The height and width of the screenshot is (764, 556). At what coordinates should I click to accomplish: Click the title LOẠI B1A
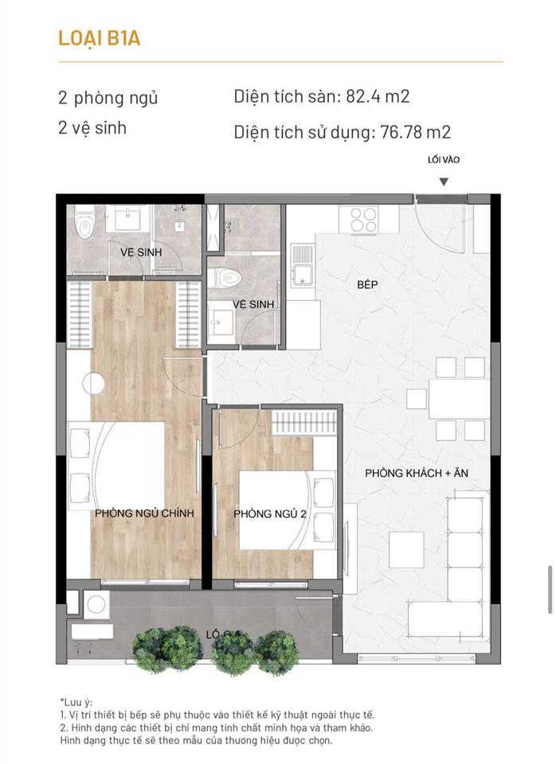tap(100, 37)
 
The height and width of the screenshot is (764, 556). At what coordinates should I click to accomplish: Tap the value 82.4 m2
tap(378, 97)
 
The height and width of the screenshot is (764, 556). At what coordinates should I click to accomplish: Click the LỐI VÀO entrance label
tap(444, 159)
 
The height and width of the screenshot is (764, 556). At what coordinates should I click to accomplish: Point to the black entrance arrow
tap(444, 182)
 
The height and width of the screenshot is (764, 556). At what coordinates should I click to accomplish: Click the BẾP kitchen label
tap(367, 284)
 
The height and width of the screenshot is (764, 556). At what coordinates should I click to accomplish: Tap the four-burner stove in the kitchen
tap(363, 219)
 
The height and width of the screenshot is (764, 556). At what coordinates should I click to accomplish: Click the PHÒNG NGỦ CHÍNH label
tap(144, 513)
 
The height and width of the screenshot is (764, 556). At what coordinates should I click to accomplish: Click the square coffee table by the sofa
tap(407, 548)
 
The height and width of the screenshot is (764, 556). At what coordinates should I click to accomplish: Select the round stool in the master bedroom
tap(95, 384)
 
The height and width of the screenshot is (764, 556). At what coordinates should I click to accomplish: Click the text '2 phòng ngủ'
tap(108, 98)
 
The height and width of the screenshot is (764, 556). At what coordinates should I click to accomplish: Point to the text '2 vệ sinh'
tap(92, 127)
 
